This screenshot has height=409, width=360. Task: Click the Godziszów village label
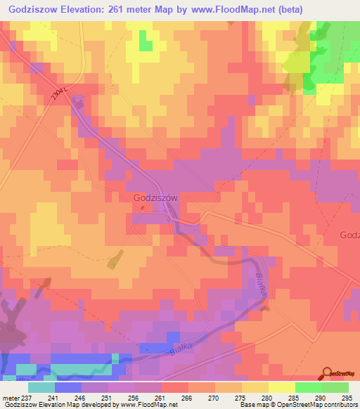point(155,199)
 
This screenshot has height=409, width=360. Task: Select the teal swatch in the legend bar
point(41,387)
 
